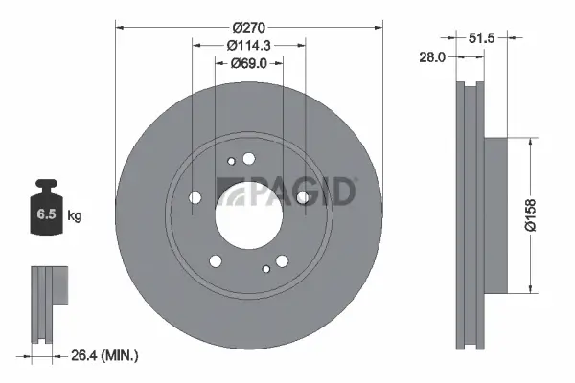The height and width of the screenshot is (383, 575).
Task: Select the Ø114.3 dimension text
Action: pyautogui.click(x=249, y=44)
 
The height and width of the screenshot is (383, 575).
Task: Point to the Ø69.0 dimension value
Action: pyautogui.click(x=249, y=64)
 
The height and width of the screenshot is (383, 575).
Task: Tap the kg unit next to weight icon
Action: pyautogui.click(x=75, y=216)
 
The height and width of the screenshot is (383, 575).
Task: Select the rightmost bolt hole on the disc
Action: pyautogui.click(x=304, y=198)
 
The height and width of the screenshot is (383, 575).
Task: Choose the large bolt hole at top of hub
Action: pyautogui.click(x=249, y=159)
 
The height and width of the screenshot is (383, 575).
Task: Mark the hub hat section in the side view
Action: pyautogui.click(x=493, y=215)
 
